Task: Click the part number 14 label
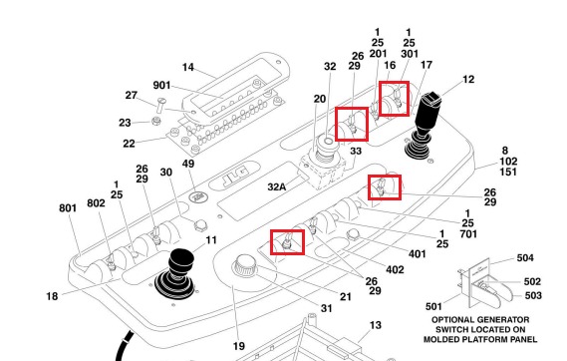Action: (x=188, y=67)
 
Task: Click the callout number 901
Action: (x=161, y=86)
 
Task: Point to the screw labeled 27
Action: (x=161, y=105)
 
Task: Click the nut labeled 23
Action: (x=155, y=121)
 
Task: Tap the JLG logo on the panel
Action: (x=235, y=175)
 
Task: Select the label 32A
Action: (x=277, y=187)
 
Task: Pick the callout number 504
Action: (x=525, y=258)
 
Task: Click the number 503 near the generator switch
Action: (x=533, y=295)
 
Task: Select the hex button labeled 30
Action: (x=200, y=226)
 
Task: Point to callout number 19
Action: (x=239, y=346)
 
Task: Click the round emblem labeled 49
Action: (x=198, y=197)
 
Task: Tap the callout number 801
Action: (x=68, y=208)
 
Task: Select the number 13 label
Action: (x=376, y=325)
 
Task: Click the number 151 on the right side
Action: (x=508, y=172)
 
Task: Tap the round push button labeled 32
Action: (x=328, y=142)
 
